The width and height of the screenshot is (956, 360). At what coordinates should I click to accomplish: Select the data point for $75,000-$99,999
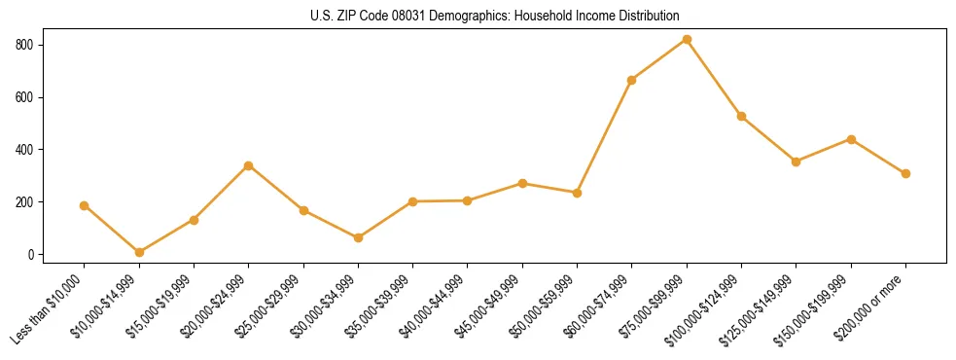coord(687,39)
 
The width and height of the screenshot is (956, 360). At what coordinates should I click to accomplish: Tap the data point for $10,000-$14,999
coord(139,252)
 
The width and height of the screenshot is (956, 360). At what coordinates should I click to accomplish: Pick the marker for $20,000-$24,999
coord(248,165)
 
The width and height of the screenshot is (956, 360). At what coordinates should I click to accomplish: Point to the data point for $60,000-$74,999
coord(632,80)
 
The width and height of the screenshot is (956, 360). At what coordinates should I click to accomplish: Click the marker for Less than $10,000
coord(84,205)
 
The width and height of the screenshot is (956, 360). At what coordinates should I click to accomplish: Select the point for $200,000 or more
coord(905,173)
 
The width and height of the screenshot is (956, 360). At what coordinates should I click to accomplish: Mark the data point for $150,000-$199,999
coord(851,139)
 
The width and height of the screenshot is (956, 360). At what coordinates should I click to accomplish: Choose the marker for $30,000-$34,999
coord(358,237)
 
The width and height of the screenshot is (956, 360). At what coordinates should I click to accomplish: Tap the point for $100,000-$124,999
coord(741,116)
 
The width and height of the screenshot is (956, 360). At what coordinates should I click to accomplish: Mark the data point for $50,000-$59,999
coord(577,193)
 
